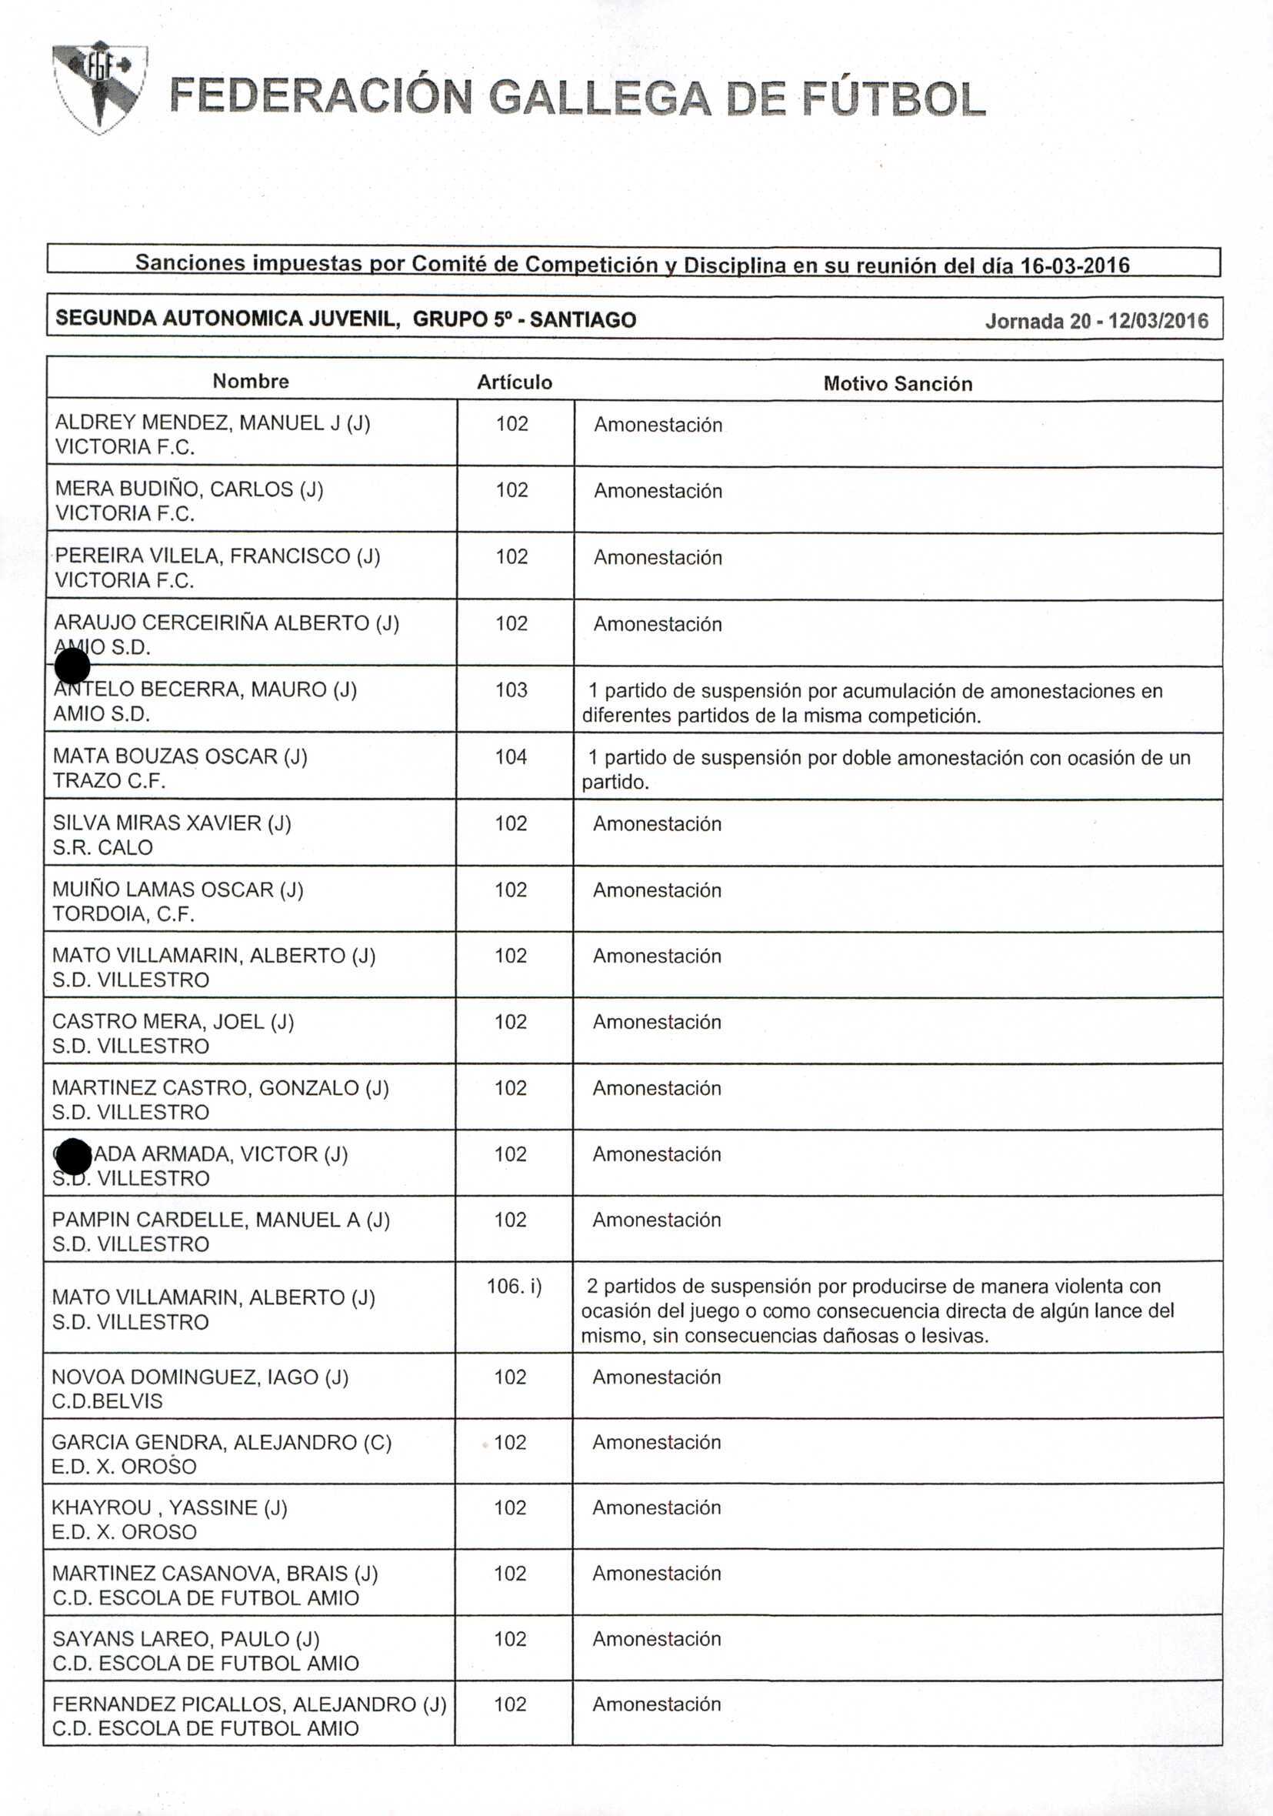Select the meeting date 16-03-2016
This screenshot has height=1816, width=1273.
click(1075, 265)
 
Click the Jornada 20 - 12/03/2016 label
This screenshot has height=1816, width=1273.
click(1096, 321)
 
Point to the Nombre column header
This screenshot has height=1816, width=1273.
click(251, 381)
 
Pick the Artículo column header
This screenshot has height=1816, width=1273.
click(514, 382)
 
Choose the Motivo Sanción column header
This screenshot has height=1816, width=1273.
click(898, 384)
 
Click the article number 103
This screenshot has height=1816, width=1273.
click(511, 689)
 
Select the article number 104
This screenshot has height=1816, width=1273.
click(511, 757)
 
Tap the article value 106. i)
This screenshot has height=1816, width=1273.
click(514, 1286)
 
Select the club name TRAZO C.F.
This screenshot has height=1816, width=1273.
click(109, 781)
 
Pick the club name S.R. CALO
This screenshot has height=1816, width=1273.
click(103, 847)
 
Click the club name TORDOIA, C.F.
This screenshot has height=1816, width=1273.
click(123, 913)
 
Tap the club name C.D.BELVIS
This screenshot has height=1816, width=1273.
click(107, 1400)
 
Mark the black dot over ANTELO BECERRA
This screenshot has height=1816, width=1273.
click(73, 666)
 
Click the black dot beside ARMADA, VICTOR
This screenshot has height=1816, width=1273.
click(75, 1157)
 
